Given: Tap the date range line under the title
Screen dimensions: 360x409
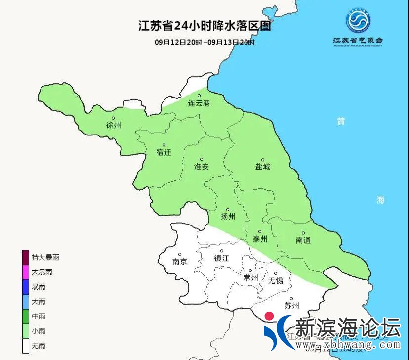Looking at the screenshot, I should [x=204, y=42].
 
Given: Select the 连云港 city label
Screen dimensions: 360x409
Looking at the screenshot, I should [x=199, y=104].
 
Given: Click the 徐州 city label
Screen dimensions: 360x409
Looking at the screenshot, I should [x=114, y=125].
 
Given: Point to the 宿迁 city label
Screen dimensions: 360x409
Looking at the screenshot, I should [x=164, y=152].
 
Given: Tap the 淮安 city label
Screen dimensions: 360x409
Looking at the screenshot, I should [x=202, y=167].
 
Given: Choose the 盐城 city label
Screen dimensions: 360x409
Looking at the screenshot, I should [x=263, y=167].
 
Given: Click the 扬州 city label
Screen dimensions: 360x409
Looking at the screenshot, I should [x=228, y=217].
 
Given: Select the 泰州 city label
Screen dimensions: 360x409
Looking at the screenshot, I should [x=260, y=239].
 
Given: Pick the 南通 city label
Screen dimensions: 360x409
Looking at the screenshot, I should [x=303, y=240].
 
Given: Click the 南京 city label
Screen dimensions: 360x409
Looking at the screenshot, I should [x=180, y=262].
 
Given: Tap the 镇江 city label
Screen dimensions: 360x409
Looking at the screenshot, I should [x=221, y=259].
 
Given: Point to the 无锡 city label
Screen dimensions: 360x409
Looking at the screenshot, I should [x=276, y=281].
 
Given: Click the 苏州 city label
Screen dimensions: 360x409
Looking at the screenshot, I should [x=292, y=306].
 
